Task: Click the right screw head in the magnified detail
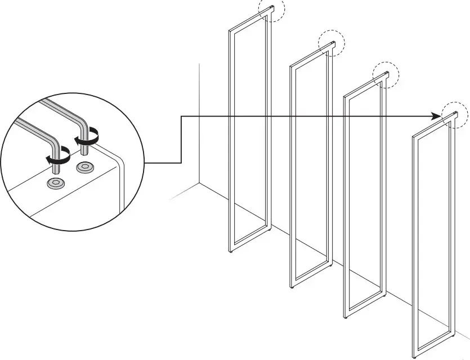(85, 167)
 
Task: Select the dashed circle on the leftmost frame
(272, 10)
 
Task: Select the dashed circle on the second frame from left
(331, 43)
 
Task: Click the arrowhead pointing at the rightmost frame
(436, 116)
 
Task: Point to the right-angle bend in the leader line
(181, 117)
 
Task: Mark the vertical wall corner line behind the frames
(200, 124)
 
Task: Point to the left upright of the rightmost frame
(414, 247)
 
